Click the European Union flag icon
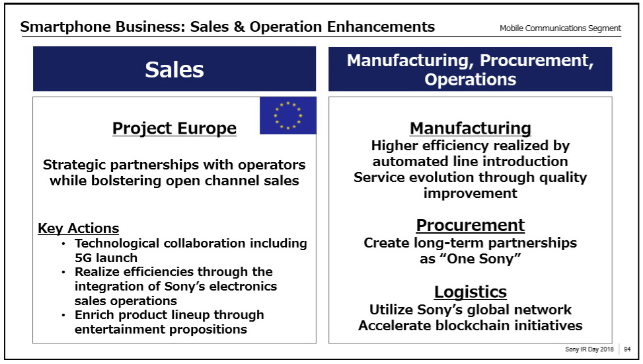coord(288,115)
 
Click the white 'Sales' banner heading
coord(174,69)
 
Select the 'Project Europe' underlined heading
coord(174,128)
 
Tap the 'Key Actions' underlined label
coord(79,228)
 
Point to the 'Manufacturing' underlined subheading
coord(471,128)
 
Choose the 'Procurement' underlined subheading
coord(471,225)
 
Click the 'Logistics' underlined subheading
coord(471,292)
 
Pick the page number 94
coord(627,349)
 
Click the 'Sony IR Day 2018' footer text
coord(589,349)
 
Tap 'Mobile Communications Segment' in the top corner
coord(560,28)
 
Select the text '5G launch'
coord(106,257)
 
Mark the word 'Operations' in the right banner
coord(470,79)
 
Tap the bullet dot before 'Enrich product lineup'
coord(63,316)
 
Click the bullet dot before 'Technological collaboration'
coord(63,244)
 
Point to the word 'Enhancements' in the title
coord(381,27)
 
